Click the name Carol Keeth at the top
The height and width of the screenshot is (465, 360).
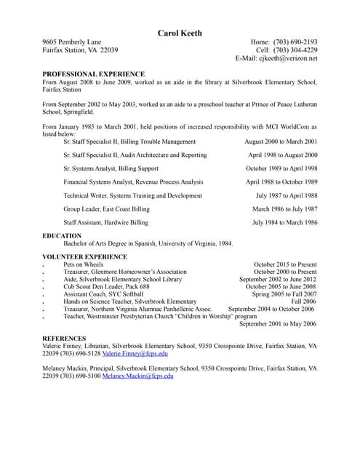180,33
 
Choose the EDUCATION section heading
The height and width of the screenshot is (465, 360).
62,236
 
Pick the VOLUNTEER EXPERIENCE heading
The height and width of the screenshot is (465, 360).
84,256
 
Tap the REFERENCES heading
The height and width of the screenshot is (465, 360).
64,339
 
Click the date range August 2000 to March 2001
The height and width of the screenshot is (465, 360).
281,142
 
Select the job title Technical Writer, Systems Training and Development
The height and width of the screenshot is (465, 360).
132,195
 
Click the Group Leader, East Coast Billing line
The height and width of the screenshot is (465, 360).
106,209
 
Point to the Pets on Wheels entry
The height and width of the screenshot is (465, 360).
84,264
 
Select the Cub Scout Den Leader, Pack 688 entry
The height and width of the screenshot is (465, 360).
106,286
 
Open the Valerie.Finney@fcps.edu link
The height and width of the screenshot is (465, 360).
135,354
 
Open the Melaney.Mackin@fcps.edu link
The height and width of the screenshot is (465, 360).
137,376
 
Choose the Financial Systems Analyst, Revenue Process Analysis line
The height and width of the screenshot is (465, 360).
133,182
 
